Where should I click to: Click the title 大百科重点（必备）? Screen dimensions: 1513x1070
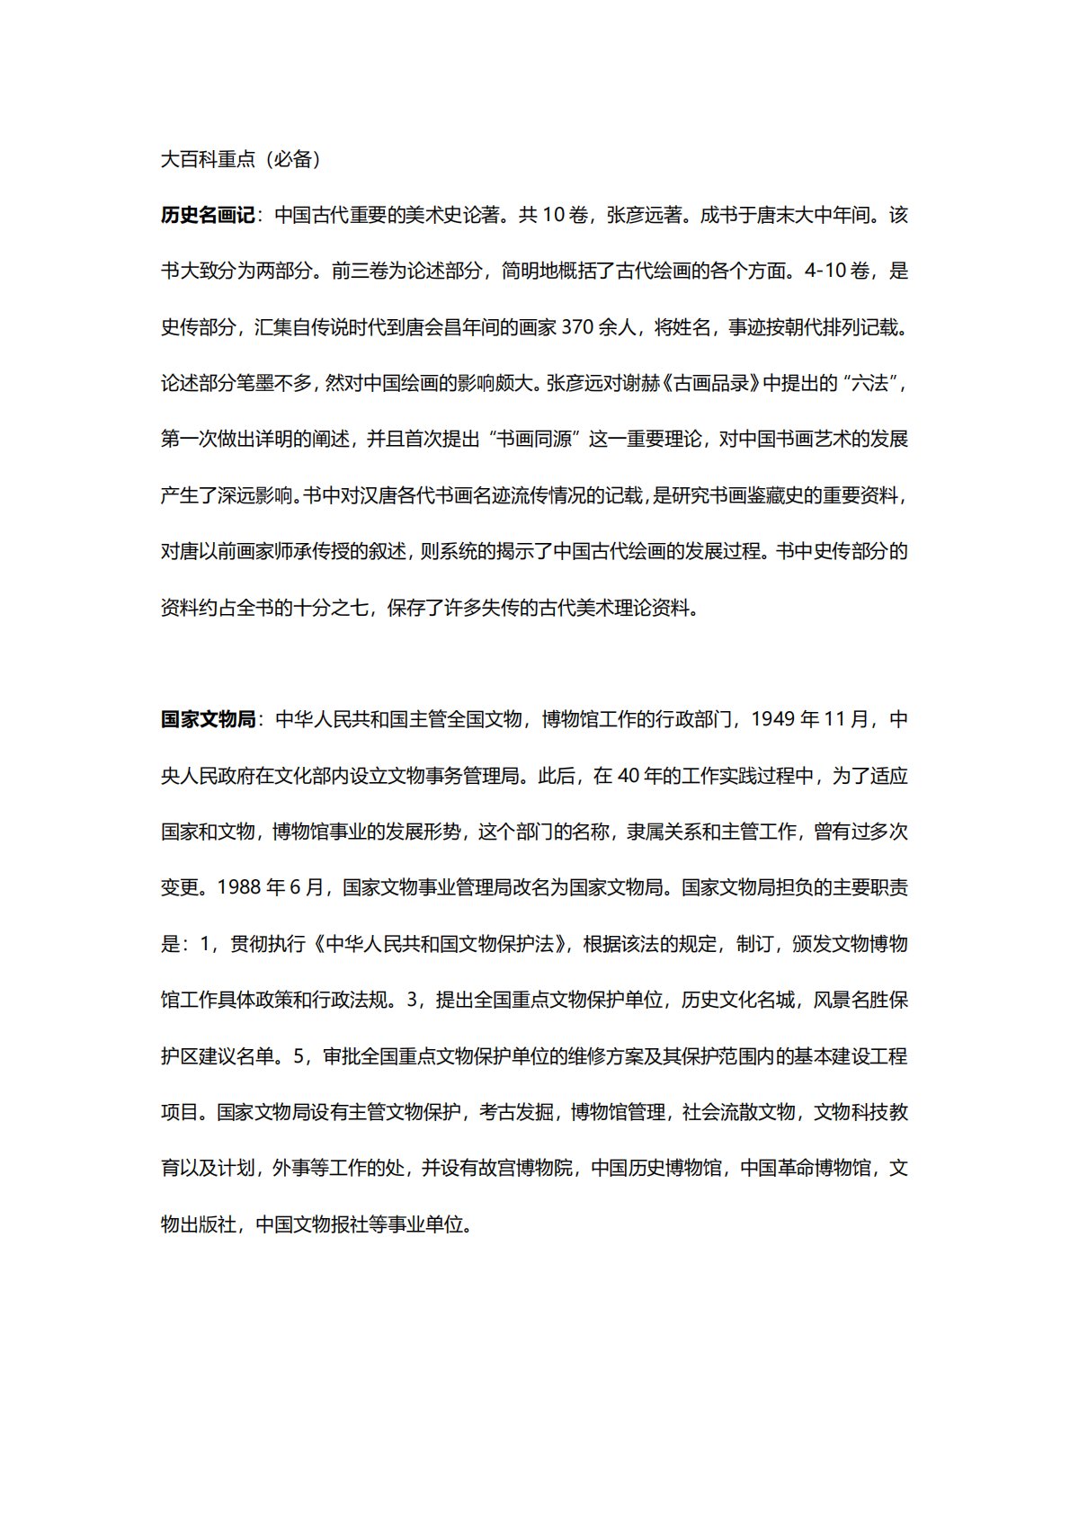click(241, 159)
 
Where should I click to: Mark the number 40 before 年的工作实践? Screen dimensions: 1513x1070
click(628, 776)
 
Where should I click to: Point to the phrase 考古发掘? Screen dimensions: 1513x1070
click(516, 1112)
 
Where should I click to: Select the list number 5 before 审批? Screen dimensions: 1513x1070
click(299, 1056)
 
